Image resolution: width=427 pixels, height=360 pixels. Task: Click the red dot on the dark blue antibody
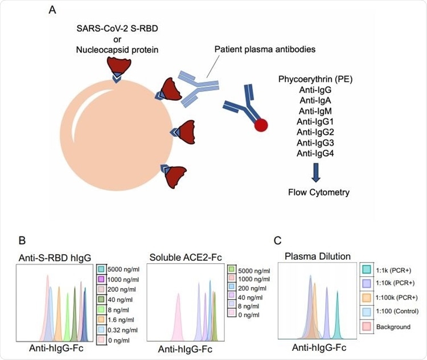tap(261, 125)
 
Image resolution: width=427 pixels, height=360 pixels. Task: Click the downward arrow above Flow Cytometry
tap(316, 173)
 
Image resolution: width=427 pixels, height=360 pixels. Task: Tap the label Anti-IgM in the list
tap(315, 111)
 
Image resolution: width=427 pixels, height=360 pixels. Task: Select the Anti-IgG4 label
tap(315, 153)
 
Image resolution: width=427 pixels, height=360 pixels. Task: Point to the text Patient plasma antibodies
tap(265, 50)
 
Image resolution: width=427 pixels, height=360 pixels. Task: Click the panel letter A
tap(52, 10)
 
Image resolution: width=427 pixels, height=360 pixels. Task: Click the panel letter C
tap(277, 240)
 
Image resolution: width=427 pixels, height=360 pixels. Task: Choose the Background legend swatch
tap(367, 326)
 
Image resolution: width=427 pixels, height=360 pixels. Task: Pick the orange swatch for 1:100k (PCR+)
tap(367, 297)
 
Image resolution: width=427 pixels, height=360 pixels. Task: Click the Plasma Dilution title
tap(318, 256)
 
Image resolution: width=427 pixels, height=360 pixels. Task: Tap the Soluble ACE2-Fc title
tap(186, 257)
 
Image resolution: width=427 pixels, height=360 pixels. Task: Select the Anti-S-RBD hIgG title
tap(55, 258)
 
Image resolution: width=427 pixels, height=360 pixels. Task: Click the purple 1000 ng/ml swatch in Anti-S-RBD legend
tap(101, 279)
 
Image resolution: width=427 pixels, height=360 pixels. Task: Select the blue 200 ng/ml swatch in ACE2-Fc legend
tap(232, 288)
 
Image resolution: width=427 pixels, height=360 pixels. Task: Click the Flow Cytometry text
tap(319, 193)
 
